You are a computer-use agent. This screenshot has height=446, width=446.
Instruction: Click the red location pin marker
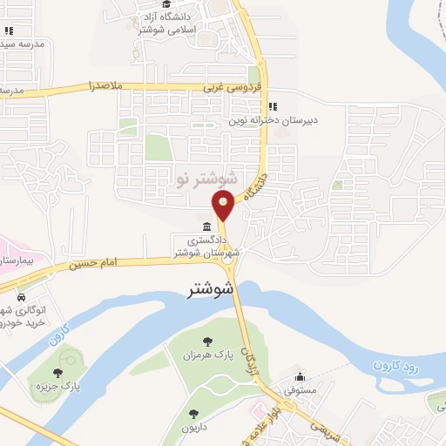pyautogui.click(x=224, y=206)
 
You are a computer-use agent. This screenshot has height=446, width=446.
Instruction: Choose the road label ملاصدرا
pyautogui.click(x=109, y=86)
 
